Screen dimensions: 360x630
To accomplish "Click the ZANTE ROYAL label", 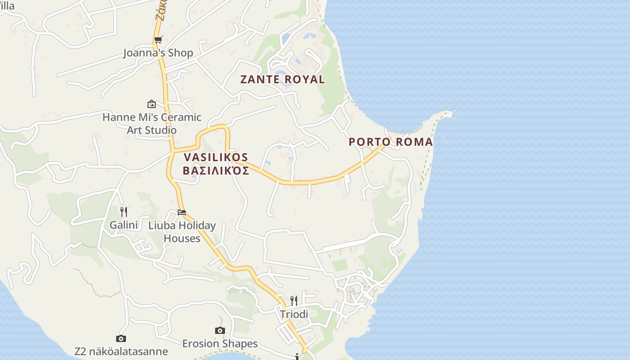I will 282,80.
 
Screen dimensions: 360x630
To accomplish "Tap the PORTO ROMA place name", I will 391,142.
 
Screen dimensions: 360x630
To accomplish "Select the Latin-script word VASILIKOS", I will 216,157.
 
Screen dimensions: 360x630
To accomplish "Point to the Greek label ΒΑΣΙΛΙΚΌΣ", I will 216,171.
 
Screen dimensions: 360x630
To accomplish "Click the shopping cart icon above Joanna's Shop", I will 158,40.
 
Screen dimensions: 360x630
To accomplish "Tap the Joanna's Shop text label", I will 158,53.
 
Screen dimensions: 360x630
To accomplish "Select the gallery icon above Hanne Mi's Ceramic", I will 152,104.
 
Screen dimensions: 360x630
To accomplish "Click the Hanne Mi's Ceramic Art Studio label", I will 152,124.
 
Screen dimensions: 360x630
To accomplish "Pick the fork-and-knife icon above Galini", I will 124,211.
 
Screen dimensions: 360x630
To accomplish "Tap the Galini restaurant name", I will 124,225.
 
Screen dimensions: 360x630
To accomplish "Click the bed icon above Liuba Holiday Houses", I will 182,212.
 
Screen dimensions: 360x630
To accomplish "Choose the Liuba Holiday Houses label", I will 182,232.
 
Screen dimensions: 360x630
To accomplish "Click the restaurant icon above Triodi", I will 294,301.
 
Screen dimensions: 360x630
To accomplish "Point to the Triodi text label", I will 294,314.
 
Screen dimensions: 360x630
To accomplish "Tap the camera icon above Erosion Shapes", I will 220,331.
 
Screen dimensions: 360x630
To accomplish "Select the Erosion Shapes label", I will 220,344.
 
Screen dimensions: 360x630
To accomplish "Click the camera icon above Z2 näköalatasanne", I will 121,338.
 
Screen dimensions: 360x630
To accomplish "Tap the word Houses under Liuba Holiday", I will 182,238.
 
